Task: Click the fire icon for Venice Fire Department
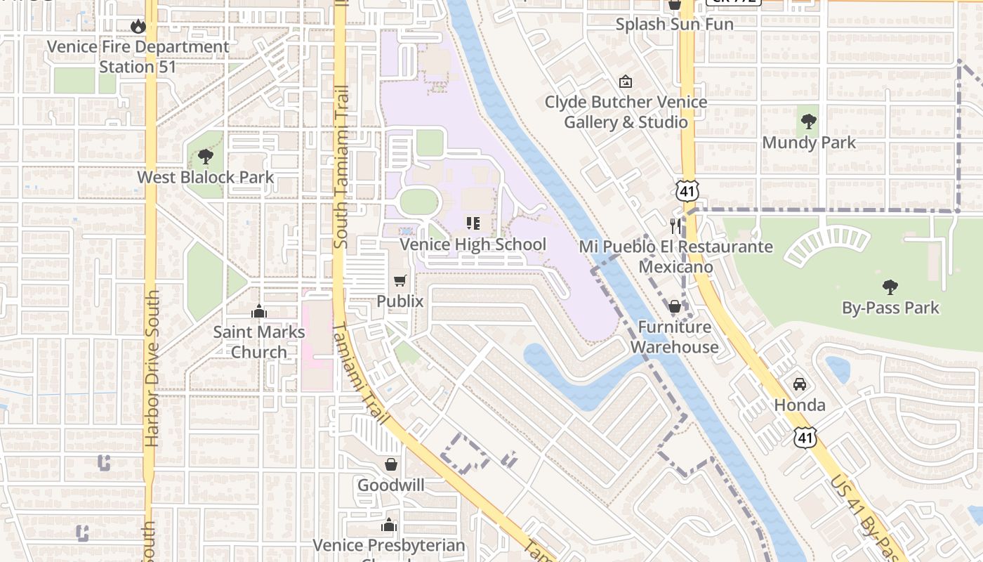[138, 27]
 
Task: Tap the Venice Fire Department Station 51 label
[138, 57]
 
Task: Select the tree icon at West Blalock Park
[205, 157]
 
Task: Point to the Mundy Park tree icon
[809, 122]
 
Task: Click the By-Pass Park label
[890, 308]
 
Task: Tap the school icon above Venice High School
[473, 223]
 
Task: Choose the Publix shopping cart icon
[400, 281]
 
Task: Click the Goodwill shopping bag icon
[391, 464]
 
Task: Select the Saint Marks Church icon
[258, 311]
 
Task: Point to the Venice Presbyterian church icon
[388, 525]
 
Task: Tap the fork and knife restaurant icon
[675, 226]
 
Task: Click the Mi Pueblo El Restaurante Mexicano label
[675, 256]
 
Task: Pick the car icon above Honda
[799, 384]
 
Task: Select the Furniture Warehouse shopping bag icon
[674, 306]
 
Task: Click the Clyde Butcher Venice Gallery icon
[625, 81]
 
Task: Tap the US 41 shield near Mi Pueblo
[686, 190]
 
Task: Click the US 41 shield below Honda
[805, 437]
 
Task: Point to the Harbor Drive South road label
[151, 369]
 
